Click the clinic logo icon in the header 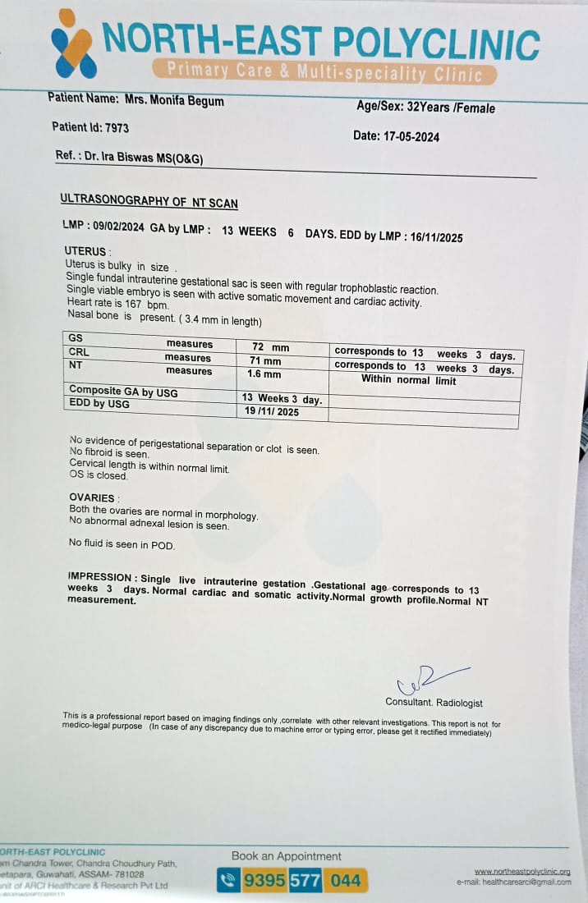[74, 43]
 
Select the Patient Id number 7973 [117, 128]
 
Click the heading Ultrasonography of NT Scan [149, 200]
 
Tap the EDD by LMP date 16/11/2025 [434, 237]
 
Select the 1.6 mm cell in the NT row [264, 374]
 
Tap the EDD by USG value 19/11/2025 [272, 411]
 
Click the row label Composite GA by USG [123, 392]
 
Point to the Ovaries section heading [93, 498]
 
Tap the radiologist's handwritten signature [427, 680]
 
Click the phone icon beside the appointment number [228, 881]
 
